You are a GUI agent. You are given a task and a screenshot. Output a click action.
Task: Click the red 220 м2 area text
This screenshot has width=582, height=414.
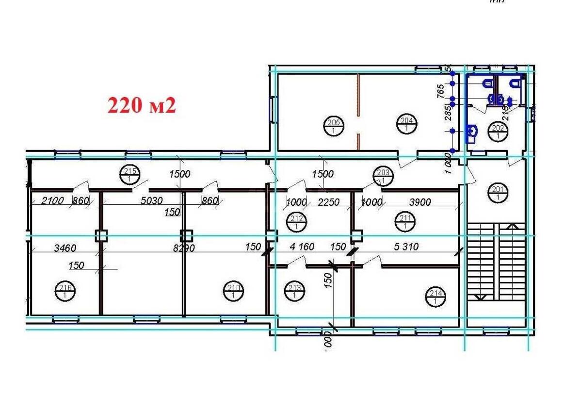pyautogui.click(x=141, y=105)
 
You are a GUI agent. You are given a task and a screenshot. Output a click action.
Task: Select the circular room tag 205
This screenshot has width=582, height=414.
pyautogui.click(x=333, y=125)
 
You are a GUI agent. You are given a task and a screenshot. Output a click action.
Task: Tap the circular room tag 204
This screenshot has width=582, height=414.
pyautogui.click(x=405, y=124)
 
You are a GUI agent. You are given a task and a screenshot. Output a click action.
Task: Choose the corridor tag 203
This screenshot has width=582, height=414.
pyautogui.click(x=383, y=175)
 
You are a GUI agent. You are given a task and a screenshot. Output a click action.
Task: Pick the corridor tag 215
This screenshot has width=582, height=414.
pyautogui.click(x=129, y=174)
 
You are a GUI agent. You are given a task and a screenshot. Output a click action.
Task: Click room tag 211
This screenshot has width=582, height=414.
pyautogui.click(x=405, y=221)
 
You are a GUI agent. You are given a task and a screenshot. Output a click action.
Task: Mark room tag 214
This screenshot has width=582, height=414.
pyautogui.click(x=435, y=296)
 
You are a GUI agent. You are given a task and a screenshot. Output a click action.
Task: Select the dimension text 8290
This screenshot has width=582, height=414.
pyautogui.click(x=180, y=248)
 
